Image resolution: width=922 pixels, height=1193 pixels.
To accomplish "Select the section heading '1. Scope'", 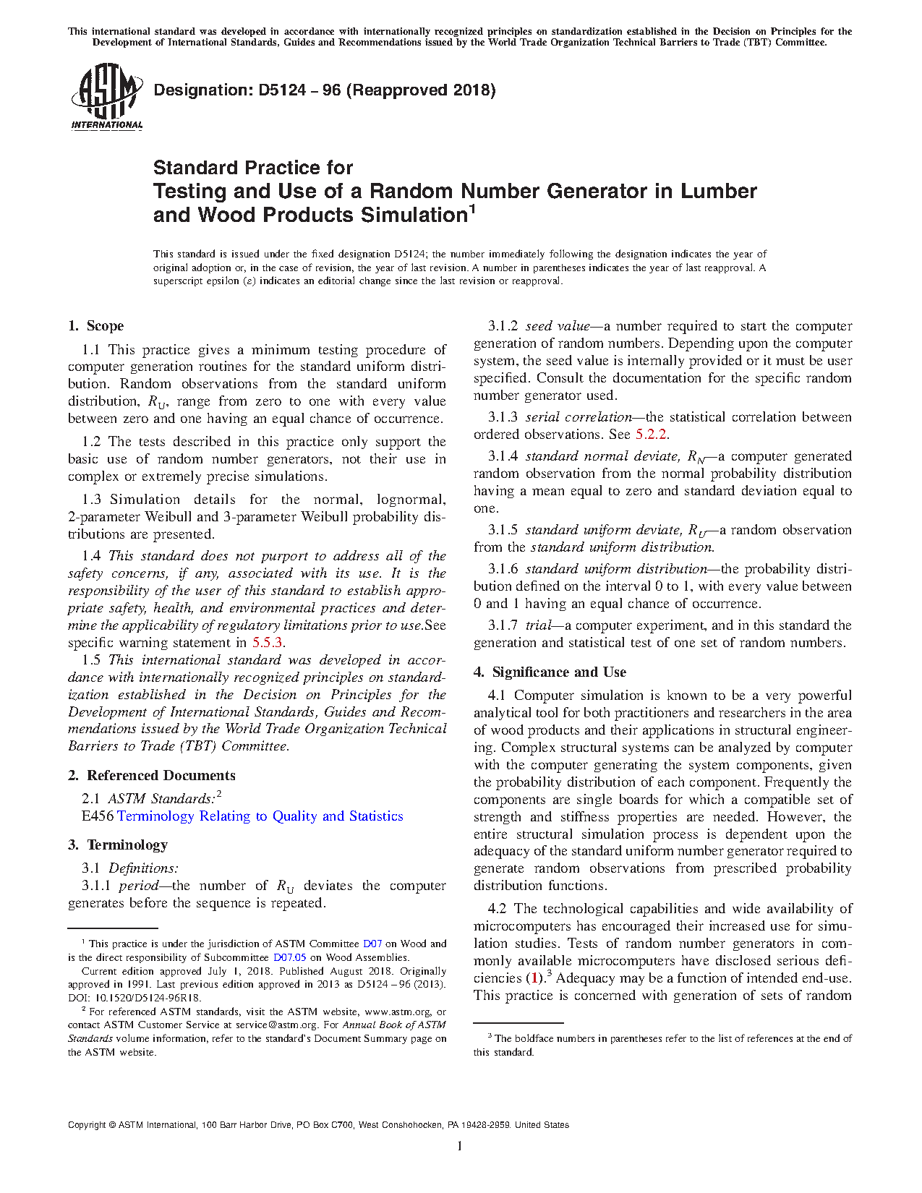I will [96, 326].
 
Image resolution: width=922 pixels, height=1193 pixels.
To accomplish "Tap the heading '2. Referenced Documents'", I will [152, 776].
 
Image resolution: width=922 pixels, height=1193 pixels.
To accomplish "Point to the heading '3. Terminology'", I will [118, 845].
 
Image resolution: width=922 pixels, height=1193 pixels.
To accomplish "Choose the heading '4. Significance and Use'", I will [550, 672].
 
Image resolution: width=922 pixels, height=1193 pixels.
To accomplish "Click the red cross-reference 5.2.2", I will [651, 435].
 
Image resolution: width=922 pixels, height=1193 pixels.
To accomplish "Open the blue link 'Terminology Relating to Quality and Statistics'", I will [260, 816].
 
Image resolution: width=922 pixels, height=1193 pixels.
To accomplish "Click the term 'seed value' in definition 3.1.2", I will [558, 326].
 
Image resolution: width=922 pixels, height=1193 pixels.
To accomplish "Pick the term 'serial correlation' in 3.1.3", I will [579, 417].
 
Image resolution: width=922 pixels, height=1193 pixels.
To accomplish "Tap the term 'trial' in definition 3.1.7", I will [538, 625].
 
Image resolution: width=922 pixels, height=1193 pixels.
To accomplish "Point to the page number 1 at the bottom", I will [460, 1146].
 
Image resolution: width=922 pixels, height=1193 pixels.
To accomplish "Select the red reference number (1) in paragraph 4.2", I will [534, 978].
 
